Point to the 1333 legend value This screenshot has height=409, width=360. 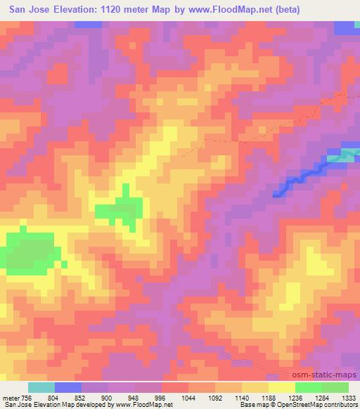click(x=349, y=398)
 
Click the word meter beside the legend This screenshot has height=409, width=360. click(x=11, y=398)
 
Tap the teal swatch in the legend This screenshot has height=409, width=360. click(x=41, y=387)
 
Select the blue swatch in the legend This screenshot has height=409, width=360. click(x=67, y=387)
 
